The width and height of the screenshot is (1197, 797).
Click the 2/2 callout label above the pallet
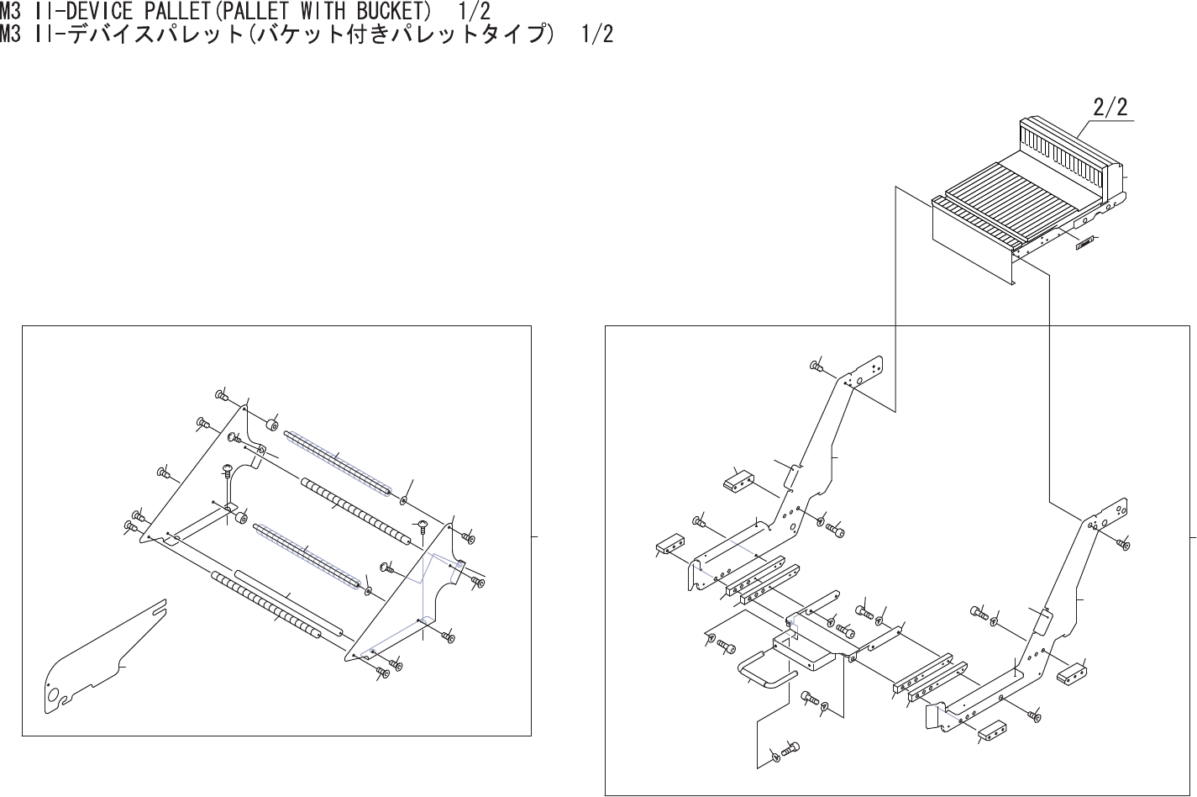click(x=1110, y=108)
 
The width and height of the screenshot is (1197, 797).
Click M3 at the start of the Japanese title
click(x=14, y=34)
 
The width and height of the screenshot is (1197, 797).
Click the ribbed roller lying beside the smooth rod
click(x=265, y=606)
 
